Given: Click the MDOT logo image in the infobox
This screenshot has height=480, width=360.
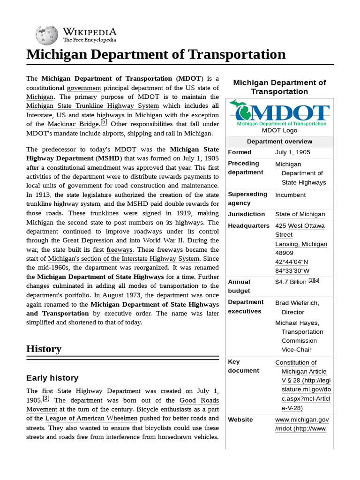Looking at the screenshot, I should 279,113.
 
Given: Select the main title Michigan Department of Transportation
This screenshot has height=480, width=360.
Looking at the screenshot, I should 156,54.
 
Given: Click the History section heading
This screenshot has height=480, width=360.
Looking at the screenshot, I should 44,349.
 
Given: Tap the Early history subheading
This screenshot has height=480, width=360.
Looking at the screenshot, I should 52,378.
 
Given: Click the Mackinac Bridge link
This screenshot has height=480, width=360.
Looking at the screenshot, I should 73,124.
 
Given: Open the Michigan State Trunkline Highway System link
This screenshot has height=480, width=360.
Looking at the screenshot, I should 92,106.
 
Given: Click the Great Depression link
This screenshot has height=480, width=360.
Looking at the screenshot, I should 88,240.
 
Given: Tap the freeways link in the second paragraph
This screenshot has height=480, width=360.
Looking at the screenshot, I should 120,250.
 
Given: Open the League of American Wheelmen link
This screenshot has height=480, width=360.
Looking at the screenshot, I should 91,418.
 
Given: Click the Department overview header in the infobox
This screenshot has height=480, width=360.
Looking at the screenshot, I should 279,142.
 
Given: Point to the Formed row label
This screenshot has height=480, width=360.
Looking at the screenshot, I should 240,152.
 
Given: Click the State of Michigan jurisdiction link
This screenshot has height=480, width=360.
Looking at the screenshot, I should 300,214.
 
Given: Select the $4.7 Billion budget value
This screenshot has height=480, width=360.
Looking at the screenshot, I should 291,282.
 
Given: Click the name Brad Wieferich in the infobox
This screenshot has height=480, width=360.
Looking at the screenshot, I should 297,303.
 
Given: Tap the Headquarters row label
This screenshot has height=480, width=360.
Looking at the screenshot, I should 248,225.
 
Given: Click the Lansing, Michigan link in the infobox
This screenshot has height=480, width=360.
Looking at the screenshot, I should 301,244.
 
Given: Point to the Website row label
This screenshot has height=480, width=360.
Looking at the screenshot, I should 240,420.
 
